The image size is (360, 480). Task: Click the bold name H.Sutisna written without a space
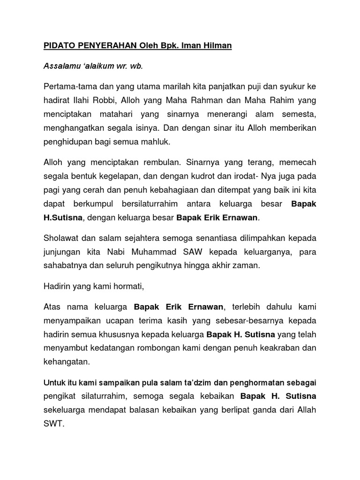coord(63,217)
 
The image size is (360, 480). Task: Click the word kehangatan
coord(66,362)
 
